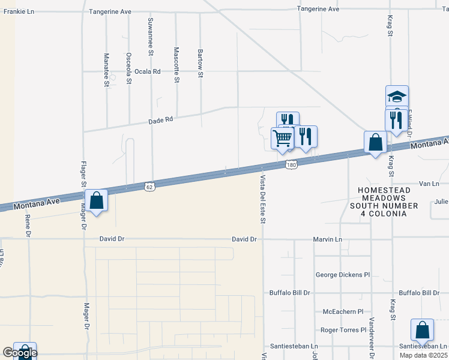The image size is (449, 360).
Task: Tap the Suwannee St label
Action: pos(151,34)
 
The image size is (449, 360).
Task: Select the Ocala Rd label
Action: pos(148,71)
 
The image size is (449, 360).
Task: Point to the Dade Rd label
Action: pos(160,120)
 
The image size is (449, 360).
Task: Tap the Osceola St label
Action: pos(128,68)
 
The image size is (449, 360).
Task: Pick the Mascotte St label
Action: pos(176,65)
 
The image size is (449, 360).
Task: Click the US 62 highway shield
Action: pos(149,186)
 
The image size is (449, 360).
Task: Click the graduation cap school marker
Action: pos(397,96)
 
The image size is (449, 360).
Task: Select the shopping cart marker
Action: pos(282,139)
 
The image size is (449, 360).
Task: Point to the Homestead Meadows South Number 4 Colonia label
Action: pos(384,202)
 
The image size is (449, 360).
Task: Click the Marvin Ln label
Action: pos(327,239)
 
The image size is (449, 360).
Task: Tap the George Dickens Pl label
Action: pos(343,275)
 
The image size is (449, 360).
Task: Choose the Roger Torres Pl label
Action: pos(343,330)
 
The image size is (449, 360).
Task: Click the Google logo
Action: pos(20,353)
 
